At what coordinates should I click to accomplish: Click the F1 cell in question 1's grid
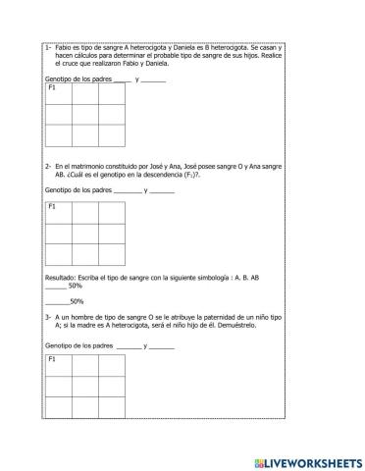(59, 93)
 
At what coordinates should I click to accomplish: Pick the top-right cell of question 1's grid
(112, 93)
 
